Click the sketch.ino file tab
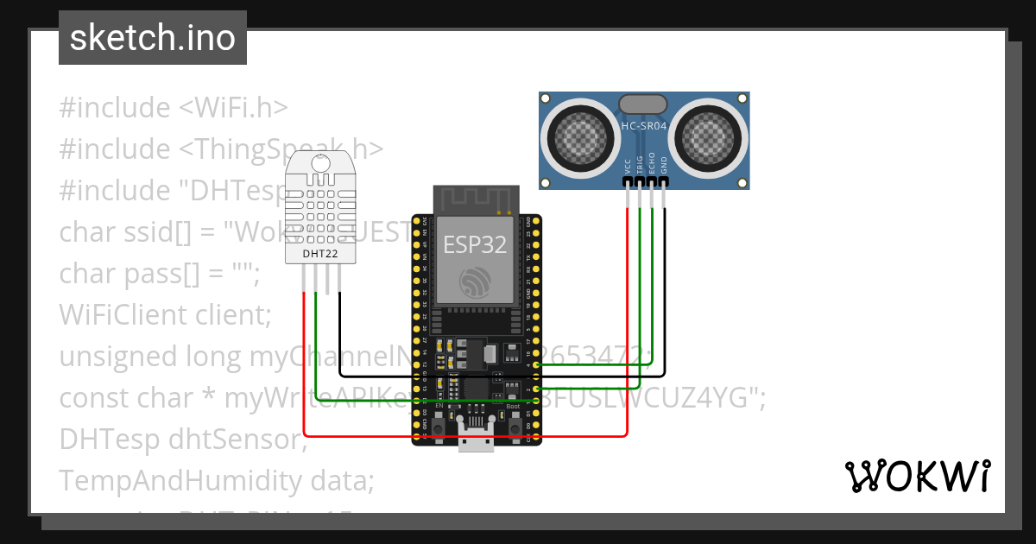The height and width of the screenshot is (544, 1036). pos(153,38)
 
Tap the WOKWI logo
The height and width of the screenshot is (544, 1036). pos(917,477)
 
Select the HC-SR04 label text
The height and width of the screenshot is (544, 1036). pos(644,126)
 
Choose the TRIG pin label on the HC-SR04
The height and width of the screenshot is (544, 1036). pos(640,165)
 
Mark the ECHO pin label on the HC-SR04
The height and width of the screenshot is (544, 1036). pos(652,165)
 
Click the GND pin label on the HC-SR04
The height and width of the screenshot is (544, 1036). pos(664,166)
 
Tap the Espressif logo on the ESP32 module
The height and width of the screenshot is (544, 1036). pos(476,281)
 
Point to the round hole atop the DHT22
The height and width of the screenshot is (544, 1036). pos(321,161)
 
